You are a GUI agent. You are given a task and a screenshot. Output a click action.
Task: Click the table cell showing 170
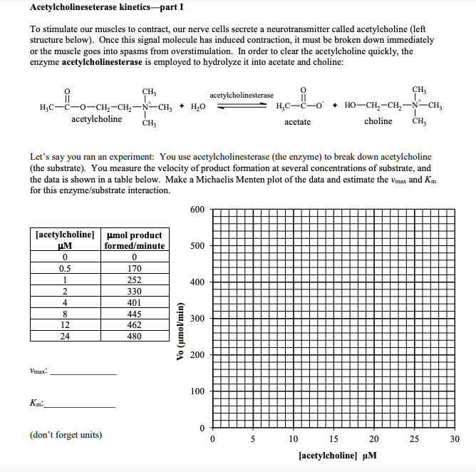pos(134,269)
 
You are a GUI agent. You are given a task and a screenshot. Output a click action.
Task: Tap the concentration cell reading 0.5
pos(65,269)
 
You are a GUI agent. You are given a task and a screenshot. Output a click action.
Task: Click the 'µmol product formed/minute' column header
pos(134,240)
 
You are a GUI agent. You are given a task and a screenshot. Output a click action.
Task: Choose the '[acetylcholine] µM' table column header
pos(65,240)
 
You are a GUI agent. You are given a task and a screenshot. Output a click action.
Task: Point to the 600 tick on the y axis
pos(197,209)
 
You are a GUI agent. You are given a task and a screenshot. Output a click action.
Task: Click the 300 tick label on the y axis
pos(197,319)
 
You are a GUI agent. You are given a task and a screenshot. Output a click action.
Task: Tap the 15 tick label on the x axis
pos(333,439)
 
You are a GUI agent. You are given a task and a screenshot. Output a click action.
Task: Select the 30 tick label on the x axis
pos(455,439)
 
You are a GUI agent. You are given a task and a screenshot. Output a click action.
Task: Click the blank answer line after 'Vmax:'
pos(83,374)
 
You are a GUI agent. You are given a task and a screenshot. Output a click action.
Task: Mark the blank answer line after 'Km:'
pos(79,406)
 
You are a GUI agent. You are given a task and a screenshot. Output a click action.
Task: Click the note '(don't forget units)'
pos(66,434)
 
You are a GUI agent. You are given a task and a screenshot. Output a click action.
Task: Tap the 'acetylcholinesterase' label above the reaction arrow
pos(242,95)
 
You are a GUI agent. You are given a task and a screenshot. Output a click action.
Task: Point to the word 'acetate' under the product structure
pos(297,122)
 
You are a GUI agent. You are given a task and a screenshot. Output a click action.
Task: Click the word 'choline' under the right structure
pos(378,121)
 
